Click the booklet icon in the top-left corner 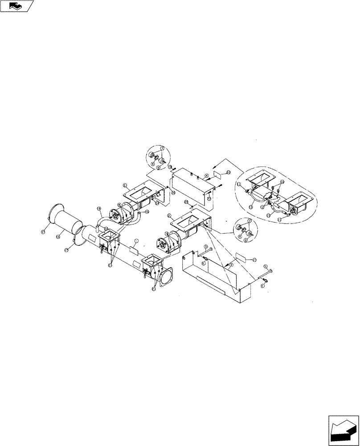pos(17,6)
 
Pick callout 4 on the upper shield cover pos(207,176)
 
